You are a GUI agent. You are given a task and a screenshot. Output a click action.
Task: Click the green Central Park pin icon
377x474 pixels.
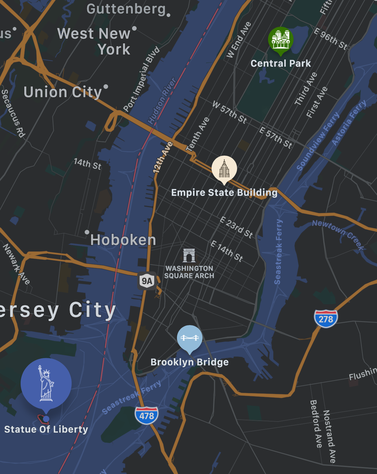(x=280, y=40)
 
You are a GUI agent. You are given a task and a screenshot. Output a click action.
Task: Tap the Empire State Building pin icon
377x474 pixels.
(x=224, y=169)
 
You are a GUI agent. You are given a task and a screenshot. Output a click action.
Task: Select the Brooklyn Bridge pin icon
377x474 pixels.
(x=190, y=338)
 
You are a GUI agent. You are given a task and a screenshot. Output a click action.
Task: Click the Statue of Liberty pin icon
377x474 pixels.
(x=46, y=384)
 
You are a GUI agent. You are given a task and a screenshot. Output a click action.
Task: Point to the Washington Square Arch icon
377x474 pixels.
(x=189, y=255)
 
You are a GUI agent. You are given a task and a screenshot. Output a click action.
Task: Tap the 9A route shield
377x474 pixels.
(x=147, y=281)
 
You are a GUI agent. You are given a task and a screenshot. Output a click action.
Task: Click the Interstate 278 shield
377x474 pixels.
(x=326, y=318)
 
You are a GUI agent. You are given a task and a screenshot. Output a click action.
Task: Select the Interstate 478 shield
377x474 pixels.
(x=147, y=415)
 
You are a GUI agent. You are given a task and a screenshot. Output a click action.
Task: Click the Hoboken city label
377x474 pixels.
(x=123, y=240)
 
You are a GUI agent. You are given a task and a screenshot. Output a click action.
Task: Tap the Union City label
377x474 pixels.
(x=63, y=92)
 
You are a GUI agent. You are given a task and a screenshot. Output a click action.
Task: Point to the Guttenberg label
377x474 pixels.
(x=126, y=9)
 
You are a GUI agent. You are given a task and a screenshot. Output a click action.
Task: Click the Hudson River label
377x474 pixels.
(x=162, y=101)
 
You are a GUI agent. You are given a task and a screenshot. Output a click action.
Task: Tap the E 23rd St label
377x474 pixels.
(x=236, y=227)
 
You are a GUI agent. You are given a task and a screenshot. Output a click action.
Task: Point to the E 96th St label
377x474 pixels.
(x=330, y=39)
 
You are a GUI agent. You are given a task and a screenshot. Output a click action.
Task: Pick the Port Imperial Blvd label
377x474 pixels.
(x=141, y=79)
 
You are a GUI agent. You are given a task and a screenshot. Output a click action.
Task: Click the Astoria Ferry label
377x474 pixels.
(x=349, y=123)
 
